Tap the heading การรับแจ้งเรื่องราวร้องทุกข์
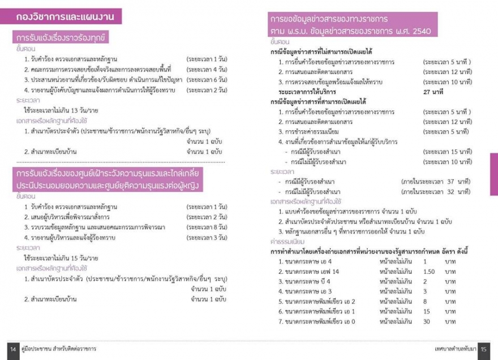[x=62, y=38]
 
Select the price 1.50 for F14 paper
[x=429, y=272]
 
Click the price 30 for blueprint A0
[x=427, y=322]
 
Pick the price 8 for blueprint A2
[x=425, y=302]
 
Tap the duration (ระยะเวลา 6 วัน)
[x=207, y=79]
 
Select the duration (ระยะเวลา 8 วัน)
[x=207, y=227]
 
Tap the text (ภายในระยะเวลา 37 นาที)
[x=436, y=181]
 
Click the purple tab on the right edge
[x=493, y=175]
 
